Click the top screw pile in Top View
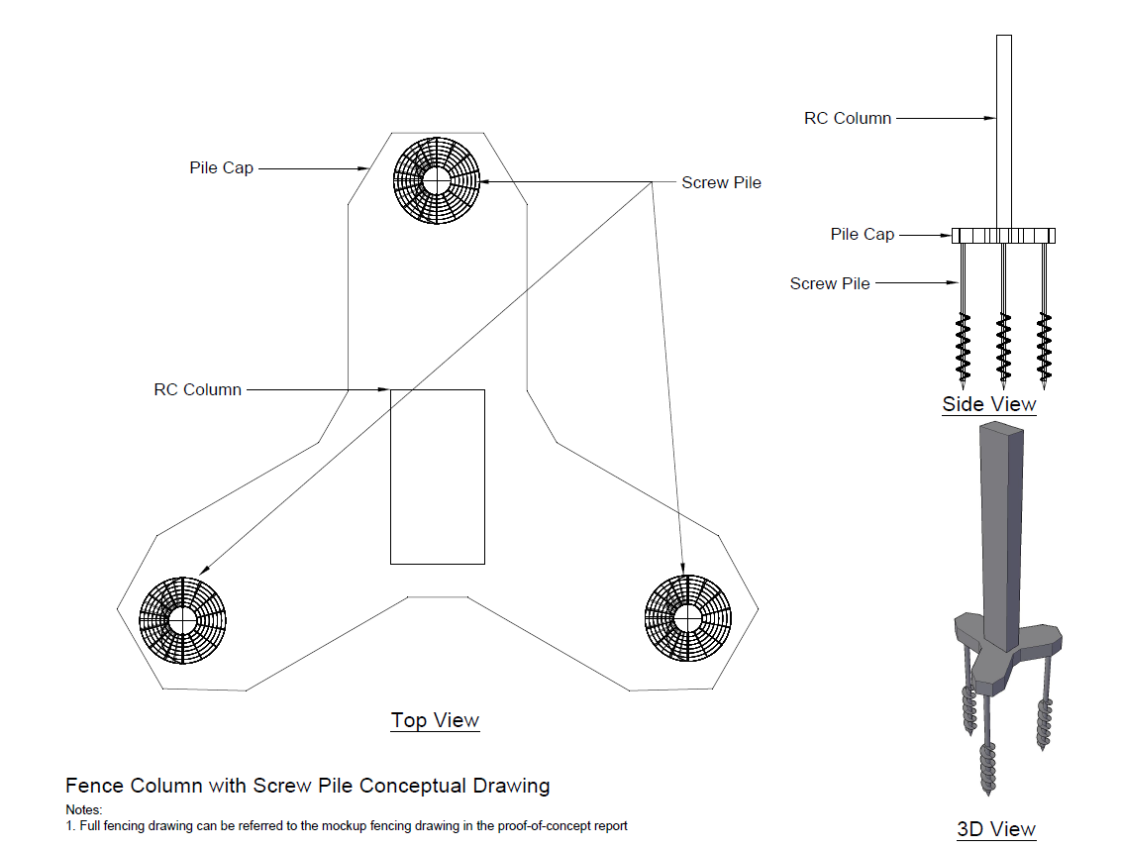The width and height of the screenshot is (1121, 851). pyautogui.click(x=437, y=181)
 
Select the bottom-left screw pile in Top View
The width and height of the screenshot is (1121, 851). pyautogui.click(x=183, y=620)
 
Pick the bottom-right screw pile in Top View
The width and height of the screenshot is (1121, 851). pyautogui.click(x=688, y=619)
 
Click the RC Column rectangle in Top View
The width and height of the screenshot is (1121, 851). pyautogui.click(x=437, y=477)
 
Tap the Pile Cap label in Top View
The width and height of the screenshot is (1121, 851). pyautogui.click(x=222, y=168)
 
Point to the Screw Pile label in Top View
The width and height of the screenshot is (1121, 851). pyautogui.click(x=721, y=182)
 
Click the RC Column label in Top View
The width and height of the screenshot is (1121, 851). pyautogui.click(x=197, y=389)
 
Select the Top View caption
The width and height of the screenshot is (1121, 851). pyautogui.click(x=435, y=720)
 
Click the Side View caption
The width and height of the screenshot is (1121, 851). pyautogui.click(x=989, y=404)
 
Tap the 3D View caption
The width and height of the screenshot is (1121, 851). pyautogui.click(x=996, y=829)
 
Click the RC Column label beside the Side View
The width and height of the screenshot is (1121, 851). pyautogui.click(x=848, y=118)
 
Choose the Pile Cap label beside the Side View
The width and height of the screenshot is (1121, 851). pyautogui.click(x=863, y=235)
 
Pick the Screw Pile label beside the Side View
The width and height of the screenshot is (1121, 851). pyautogui.click(x=830, y=283)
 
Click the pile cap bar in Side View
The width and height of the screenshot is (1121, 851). pyautogui.click(x=1003, y=236)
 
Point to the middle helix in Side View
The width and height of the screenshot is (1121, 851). pyautogui.click(x=1003, y=347)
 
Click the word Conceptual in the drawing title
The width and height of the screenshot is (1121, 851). pyautogui.click(x=418, y=786)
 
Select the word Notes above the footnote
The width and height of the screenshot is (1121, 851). pyautogui.click(x=84, y=810)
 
